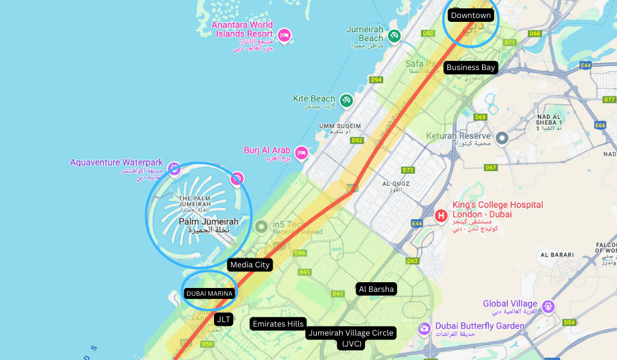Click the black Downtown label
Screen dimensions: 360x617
[471, 15]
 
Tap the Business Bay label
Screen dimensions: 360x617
[471, 67]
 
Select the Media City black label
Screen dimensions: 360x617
[249, 265]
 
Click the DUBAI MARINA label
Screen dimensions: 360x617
[210, 294]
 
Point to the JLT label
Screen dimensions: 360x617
[224, 319]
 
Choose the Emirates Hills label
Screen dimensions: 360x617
[278, 324]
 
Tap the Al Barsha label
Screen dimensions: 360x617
[377, 289]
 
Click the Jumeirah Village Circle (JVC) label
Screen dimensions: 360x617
[351, 338]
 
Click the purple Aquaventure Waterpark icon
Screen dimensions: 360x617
[174, 168]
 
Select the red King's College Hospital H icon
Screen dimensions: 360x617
[442, 215]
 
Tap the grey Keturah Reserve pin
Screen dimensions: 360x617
[503, 137]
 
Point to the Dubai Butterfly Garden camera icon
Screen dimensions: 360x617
[424, 328]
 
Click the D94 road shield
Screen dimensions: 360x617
[376, 80]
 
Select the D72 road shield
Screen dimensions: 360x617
[407, 170]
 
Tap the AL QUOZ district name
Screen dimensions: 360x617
[396, 183]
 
